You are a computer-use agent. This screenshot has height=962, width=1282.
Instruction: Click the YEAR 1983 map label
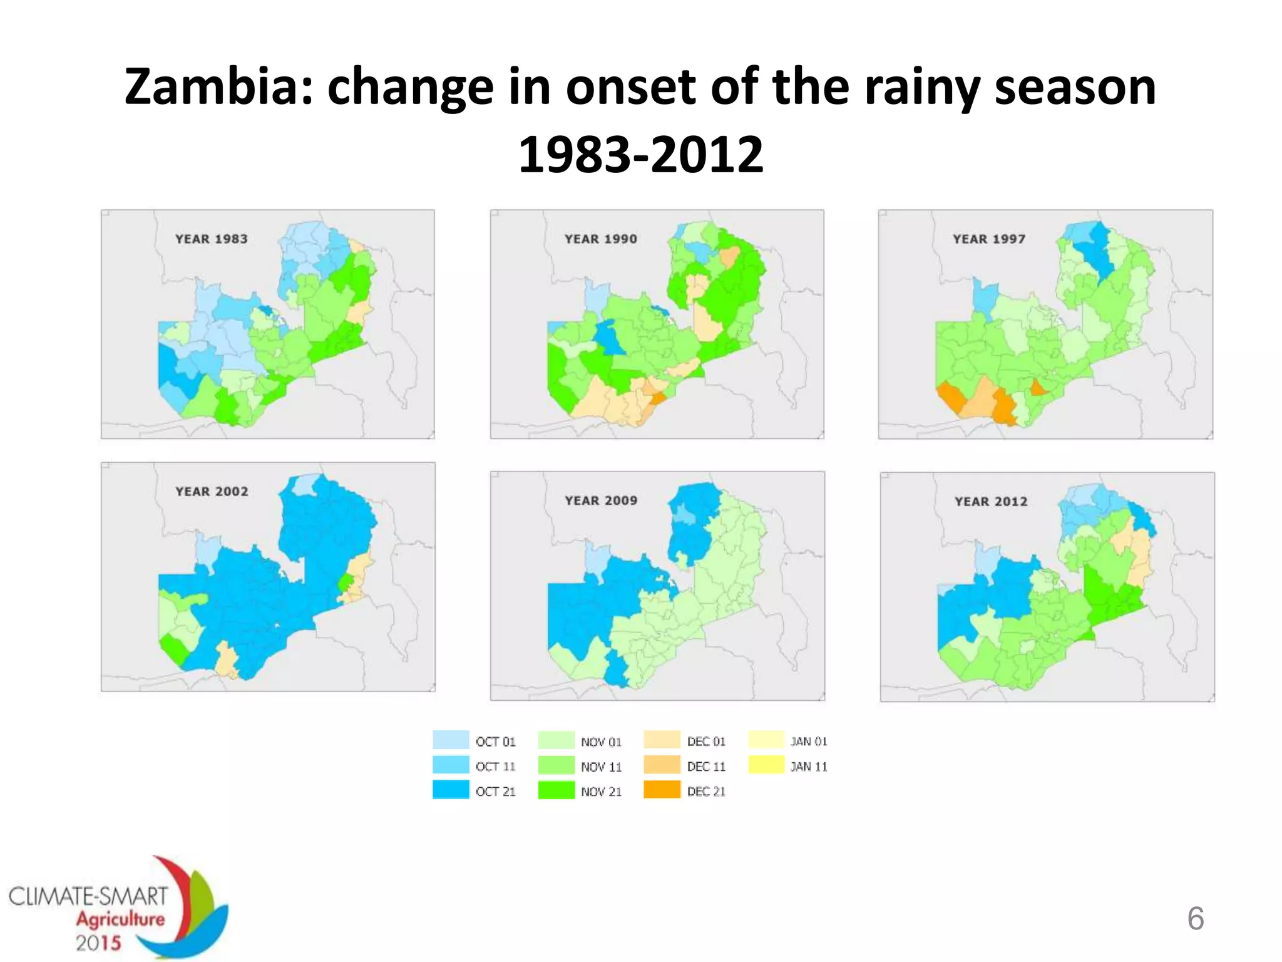(x=211, y=239)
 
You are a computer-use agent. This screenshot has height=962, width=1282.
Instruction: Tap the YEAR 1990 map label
(x=600, y=239)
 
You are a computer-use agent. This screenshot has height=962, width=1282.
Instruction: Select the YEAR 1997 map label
(x=989, y=239)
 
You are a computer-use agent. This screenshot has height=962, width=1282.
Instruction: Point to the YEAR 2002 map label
(x=212, y=492)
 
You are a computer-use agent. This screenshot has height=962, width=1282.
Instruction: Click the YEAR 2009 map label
(x=601, y=500)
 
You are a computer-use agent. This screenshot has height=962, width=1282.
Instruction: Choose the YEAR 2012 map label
(x=991, y=501)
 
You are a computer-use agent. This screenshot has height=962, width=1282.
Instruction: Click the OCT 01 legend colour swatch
(x=451, y=740)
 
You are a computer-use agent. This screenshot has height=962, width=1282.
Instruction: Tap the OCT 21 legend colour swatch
(x=451, y=790)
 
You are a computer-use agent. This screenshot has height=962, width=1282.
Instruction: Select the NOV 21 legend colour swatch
(x=556, y=790)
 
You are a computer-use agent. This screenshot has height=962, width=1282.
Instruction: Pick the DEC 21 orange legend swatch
(x=662, y=790)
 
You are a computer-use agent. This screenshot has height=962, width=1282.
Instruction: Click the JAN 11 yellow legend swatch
(x=766, y=765)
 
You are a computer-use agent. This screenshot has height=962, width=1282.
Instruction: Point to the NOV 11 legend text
(x=601, y=767)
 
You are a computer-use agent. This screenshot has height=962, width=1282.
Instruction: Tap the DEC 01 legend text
(x=706, y=742)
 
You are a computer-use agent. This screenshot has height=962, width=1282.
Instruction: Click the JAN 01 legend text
(x=809, y=742)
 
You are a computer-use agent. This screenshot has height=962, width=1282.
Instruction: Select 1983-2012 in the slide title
(x=641, y=154)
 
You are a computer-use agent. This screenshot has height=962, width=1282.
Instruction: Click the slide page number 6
(x=1195, y=918)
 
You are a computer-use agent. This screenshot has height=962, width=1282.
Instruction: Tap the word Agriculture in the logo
(x=120, y=919)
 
